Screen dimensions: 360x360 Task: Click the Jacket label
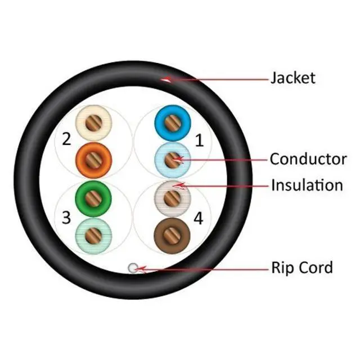point(292,77)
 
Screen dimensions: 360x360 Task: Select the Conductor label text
point(308,159)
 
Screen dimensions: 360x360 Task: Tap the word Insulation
point(307,184)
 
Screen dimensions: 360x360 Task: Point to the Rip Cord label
point(301,267)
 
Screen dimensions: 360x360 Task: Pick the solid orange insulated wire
point(93,158)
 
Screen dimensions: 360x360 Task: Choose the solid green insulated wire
point(93,197)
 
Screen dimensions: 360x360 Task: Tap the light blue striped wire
point(171,161)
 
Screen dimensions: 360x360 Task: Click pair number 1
point(199,141)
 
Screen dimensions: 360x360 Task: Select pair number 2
point(66,138)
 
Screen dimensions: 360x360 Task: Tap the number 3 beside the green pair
point(66,218)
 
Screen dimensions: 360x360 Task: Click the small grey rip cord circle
point(133,268)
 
